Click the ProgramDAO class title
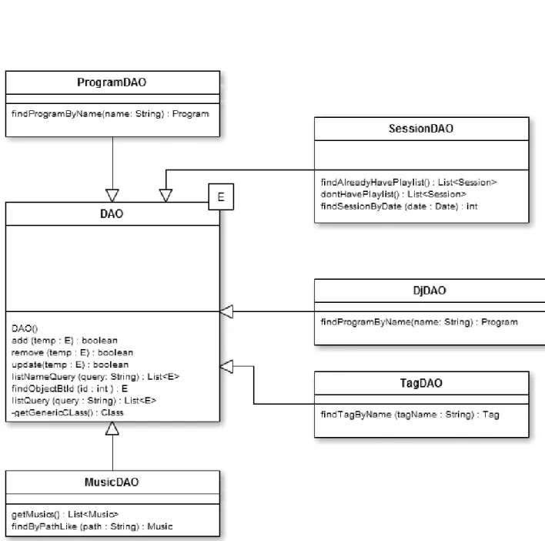(x=112, y=82)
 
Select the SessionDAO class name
(x=421, y=129)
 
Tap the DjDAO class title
(x=430, y=291)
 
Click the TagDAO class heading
(x=421, y=383)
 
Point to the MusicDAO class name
(x=112, y=482)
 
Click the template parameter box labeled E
(x=221, y=197)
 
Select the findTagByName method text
(x=410, y=415)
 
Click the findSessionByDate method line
(x=399, y=207)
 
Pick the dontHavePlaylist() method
(x=393, y=194)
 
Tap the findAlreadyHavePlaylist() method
(x=409, y=183)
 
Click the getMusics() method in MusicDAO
(x=65, y=514)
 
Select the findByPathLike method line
(x=92, y=526)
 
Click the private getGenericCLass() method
(x=68, y=412)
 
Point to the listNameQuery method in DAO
(x=95, y=377)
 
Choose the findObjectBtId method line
(x=69, y=388)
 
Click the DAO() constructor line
(x=25, y=329)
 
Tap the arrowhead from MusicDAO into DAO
(x=112, y=428)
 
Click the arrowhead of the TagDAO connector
(x=226, y=366)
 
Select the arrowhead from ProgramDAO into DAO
(x=112, y=196)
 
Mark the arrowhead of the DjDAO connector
(x=226, y=311)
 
